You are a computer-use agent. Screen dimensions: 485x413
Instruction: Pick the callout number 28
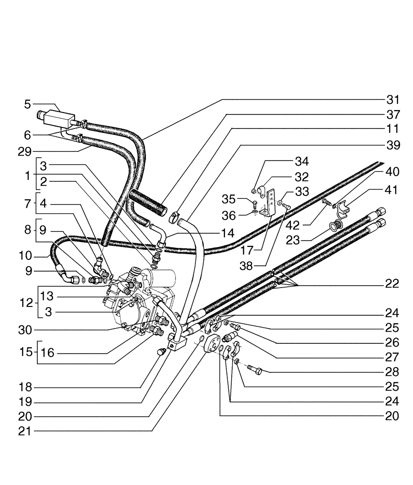(x=393, y=372)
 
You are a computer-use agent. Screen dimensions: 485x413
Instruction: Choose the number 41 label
(x=393, y=191)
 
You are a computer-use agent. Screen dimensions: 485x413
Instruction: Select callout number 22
(x=393, y=284)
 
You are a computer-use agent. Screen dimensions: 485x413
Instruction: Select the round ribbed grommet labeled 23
(x=334, y=226)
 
